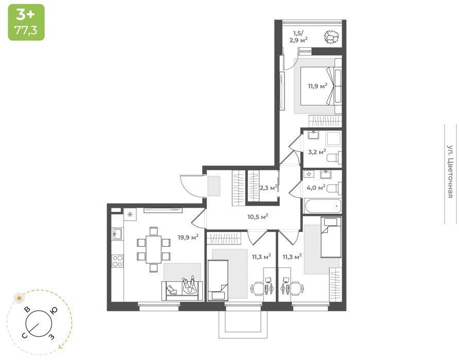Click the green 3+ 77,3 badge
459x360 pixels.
[x=26, y=22]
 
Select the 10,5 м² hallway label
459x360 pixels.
[x=258, y=217]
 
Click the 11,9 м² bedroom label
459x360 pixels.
[x=317, y=86]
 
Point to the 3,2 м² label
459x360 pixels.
[x=317, y=152]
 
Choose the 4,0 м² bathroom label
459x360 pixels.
[x=316, y=187]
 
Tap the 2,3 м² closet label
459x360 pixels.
[x=269, y=187]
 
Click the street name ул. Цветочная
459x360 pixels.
[x=450, y=171]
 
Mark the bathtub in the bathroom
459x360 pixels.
[x=323, y=206]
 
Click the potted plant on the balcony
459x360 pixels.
[x=331, y=37]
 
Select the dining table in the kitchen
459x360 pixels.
[x=154, y=249]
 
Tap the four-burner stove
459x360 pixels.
[x=118, y=261]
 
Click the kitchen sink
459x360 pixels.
[x=118, y=234]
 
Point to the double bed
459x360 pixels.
[x=317, y=86]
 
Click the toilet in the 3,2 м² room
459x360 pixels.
[x=334, y=158]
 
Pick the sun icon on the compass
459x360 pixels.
[x=20, y=298]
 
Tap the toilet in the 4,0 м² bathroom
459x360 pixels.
[x=334, y=189]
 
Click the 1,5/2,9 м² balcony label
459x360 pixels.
[x=298, y=37]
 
